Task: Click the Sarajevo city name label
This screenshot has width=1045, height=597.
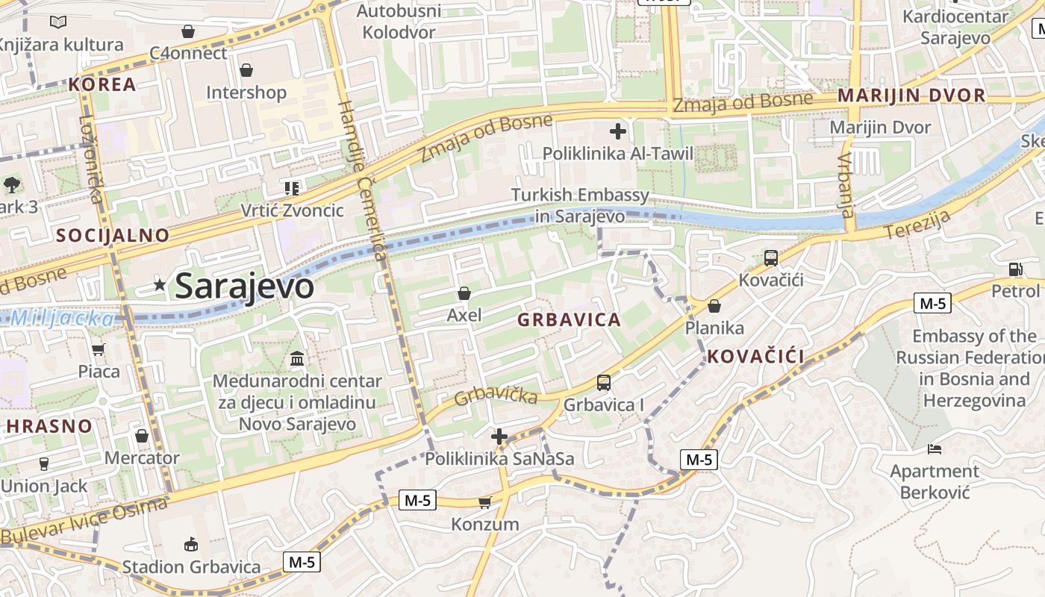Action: [244, 287]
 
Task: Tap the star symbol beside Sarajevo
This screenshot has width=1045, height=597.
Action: [160, 284]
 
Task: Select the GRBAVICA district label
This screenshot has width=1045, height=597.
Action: [569, 320]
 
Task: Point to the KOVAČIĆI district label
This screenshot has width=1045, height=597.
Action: [755, 357]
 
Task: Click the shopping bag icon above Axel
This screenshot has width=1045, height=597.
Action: [464, 293]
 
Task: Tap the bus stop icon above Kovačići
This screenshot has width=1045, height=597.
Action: [771, 258]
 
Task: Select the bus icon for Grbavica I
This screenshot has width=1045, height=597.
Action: [603, 383]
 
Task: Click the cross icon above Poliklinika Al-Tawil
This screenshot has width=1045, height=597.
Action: [618, 132]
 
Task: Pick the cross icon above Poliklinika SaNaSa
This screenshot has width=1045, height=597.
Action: [499, 437]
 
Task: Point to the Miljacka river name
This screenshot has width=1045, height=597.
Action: [63, 319]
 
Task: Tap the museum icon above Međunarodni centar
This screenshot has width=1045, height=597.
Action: [297, 359]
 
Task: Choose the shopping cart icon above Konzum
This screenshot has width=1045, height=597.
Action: [485, 502]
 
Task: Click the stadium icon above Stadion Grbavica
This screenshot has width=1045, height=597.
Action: [191, 544]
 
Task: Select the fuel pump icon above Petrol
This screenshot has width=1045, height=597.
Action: [1015, 269]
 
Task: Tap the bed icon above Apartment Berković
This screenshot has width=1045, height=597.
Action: [935, 448]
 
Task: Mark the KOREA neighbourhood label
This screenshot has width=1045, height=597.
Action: [102, 84]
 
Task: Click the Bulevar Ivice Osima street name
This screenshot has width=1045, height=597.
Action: [84, 522]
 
